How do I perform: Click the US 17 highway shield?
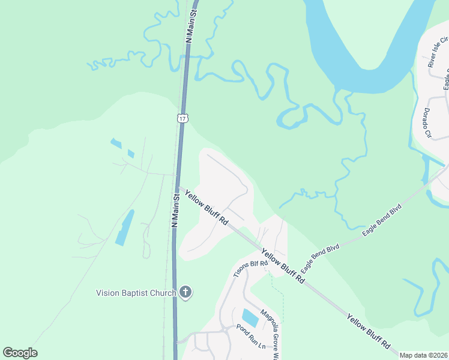click(182, 118)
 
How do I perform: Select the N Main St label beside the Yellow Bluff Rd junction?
click(176, 209)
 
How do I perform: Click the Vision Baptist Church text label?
click(136, 293)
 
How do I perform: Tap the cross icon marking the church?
click(185, 293)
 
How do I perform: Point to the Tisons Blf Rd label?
click(250, 268)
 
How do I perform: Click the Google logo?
click(20, 353)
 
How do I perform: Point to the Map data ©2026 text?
click(424, 355)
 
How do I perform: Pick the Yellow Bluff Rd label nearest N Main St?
click(206, 208)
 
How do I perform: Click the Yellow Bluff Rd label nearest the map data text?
click(368, 331)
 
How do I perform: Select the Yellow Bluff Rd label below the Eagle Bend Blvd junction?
click(283, 268)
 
